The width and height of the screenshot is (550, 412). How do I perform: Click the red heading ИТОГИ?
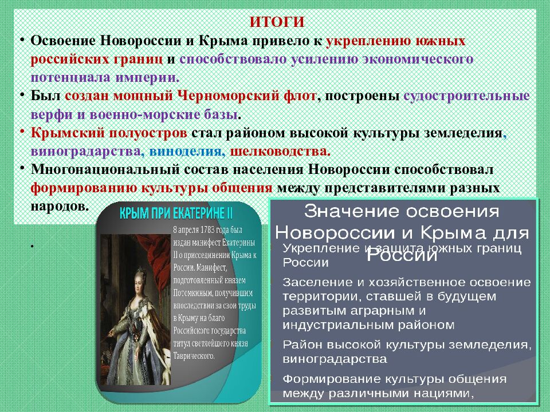tap(277, 22)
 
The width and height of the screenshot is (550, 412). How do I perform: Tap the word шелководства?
tap(280, 152)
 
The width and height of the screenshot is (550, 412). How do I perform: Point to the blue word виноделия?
tap(187, 152)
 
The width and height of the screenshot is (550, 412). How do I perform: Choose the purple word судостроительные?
tap(466, 96)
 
